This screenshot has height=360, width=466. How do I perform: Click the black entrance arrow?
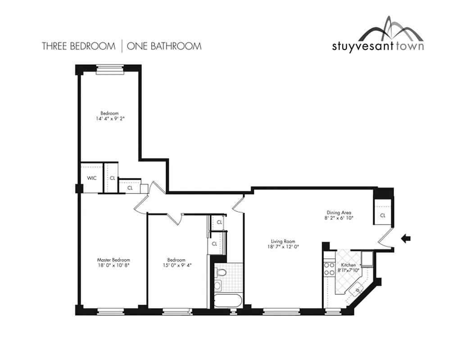(406, 239)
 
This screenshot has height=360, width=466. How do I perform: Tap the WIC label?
(92, 178)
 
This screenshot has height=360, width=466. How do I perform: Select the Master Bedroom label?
(113, 260)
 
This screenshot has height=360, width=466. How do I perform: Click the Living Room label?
(282, 241)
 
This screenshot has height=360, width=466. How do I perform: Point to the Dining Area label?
(339, 212)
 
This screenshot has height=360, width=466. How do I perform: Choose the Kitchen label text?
(348, 265)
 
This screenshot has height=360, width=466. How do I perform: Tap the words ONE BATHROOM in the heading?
(164, 46)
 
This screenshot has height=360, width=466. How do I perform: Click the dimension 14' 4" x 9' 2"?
(109, 119)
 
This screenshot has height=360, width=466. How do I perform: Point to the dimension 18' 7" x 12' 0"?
(282, 247)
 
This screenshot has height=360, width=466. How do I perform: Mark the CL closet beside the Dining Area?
(382, 215)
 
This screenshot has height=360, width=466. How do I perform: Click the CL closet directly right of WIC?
(112, 178)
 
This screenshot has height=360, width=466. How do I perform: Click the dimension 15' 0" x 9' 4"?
(176, 265)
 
